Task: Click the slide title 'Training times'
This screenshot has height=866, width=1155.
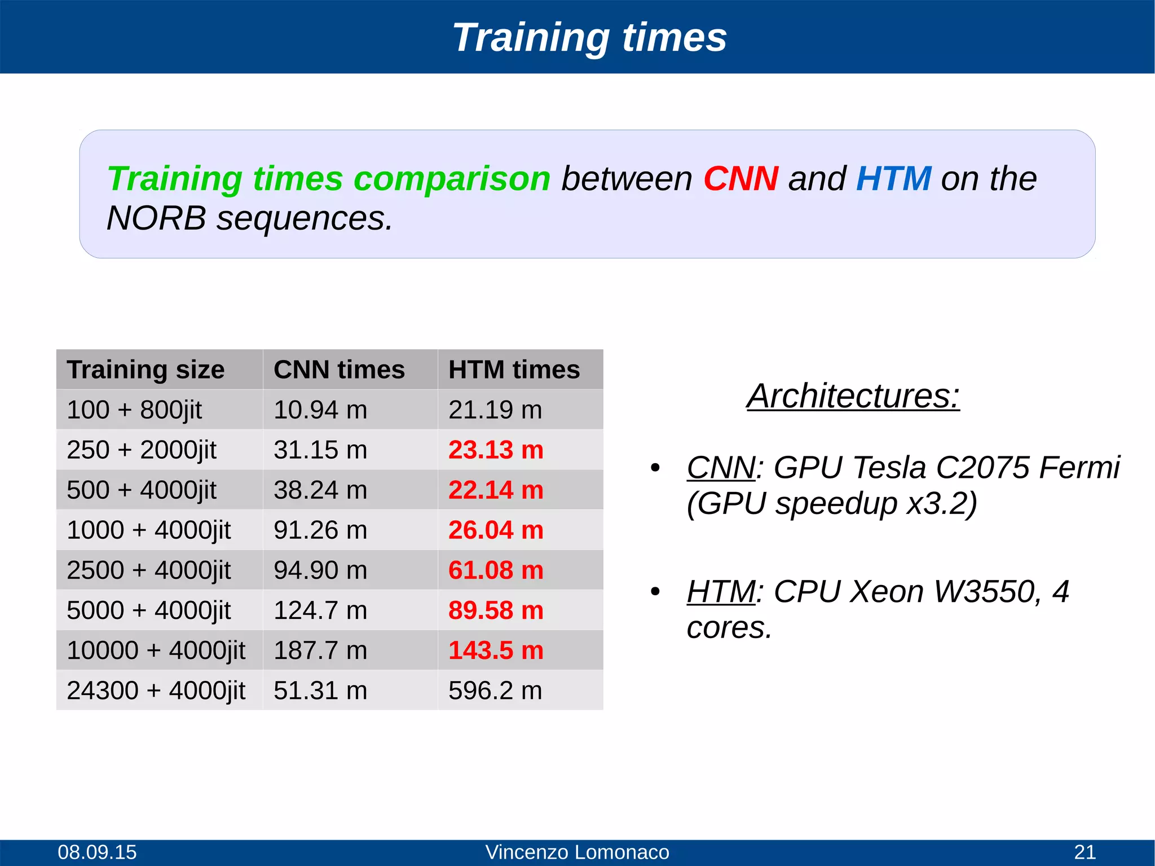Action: tap(589, 37)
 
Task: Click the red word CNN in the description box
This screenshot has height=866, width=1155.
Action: tap(740, 179)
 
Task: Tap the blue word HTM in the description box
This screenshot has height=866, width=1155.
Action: tap(893, 179)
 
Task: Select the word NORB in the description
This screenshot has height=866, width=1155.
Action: tap(156, 218)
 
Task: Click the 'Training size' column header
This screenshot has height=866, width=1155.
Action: tap(146, 370)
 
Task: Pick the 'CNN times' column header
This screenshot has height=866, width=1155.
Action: tap(339, 370)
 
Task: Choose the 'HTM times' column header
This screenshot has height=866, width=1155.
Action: tap(514, 370)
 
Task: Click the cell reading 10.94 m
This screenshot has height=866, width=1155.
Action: tap(320, 410)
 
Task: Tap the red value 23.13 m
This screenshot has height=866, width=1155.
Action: tap(495, 450)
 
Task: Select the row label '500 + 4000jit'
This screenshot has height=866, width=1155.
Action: tap(141, 490)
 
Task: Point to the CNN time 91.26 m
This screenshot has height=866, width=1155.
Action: tap(320, 530)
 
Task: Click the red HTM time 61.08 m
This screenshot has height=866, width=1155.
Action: tap(495, 570)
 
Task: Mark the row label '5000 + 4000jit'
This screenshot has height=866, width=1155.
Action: tap(148, 610)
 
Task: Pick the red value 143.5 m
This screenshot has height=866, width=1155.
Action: tap(495, 650)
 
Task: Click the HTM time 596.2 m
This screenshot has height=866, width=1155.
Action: tap(495, 691)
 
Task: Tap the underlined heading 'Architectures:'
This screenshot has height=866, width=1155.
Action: tap(853, 396)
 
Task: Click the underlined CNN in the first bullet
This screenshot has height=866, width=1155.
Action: tap(721, 468)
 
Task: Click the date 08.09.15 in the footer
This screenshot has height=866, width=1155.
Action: tap(97, 852)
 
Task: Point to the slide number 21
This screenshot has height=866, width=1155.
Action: tap(1085, 852)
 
